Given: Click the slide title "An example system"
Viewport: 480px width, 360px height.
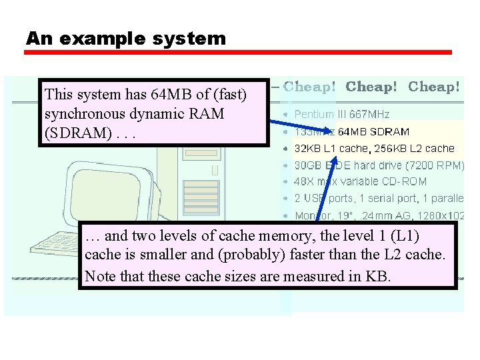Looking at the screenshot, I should click(126, 39).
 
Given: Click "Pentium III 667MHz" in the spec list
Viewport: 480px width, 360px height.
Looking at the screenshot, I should click(341, 115).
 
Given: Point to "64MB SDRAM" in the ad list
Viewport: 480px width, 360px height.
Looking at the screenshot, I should click(373, 132).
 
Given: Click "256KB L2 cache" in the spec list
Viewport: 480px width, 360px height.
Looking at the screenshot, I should click(413, 149).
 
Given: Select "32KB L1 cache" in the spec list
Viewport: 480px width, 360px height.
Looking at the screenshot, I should click(331, 149).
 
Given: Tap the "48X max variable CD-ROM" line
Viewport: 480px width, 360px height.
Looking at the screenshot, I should click(360, 181).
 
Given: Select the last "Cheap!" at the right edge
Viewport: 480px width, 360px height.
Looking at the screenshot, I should click(433, 87).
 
